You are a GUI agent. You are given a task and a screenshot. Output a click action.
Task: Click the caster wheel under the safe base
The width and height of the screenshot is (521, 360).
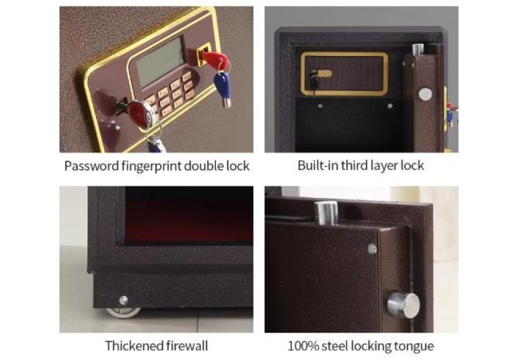click(x=123, y=312)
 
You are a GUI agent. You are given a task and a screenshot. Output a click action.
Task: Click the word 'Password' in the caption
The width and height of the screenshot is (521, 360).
click(x=91, y=166)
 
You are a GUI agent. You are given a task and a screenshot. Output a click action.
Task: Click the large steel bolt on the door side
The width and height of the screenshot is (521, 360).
click(x=403, y=305)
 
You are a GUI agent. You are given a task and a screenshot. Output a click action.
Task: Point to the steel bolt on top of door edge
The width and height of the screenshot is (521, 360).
click(x=326, y=213)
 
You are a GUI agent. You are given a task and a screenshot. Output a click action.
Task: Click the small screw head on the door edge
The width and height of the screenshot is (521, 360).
click(x=373, y=248)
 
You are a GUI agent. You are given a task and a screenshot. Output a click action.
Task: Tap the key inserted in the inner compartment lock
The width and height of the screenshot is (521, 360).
click(x=314, y=80)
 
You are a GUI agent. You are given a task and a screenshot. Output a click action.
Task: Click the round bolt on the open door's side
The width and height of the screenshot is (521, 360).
click(x=425, y=94)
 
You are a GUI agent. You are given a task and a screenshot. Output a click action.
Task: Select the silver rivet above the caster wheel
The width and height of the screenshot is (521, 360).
click(x=123, y=300)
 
